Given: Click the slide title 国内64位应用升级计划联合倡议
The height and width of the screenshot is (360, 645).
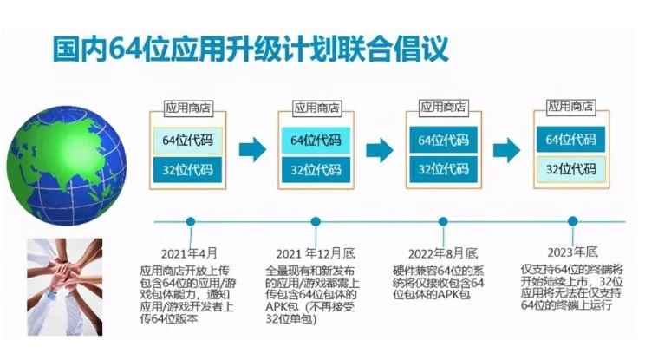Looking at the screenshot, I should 251,49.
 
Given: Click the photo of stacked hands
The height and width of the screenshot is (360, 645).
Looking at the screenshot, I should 64,286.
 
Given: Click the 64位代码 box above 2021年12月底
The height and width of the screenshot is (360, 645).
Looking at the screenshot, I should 316,140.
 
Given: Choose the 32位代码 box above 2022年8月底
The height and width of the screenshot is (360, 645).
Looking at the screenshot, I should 443,169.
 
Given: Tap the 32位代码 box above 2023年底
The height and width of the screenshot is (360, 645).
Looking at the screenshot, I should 571,169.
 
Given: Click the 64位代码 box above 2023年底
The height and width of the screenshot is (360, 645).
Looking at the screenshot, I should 571,140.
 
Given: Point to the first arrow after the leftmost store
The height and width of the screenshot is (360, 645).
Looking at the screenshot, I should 251,149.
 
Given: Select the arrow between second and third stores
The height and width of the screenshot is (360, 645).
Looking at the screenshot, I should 379,149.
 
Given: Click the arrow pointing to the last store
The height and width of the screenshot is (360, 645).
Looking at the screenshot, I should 507,149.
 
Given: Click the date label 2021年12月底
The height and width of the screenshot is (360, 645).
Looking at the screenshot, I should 316,253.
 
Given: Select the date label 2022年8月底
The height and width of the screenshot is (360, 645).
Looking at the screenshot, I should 443,253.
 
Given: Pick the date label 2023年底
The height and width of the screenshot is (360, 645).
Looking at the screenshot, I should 571,253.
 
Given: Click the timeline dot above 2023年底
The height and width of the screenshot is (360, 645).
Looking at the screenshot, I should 571,221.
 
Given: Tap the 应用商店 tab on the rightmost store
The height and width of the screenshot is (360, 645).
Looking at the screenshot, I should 570,107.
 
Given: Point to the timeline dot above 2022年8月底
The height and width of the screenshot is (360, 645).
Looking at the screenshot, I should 443,221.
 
